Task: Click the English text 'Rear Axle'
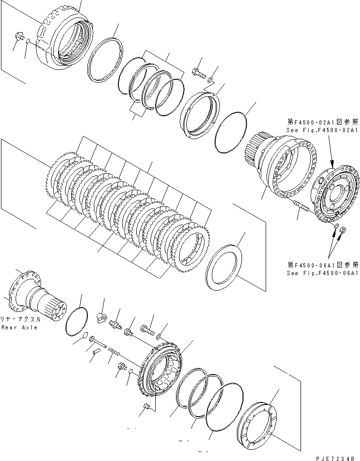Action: [x=19, y=327]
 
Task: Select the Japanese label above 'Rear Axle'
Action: [x=22, y=319]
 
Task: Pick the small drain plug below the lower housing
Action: [x=146, y=406]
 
